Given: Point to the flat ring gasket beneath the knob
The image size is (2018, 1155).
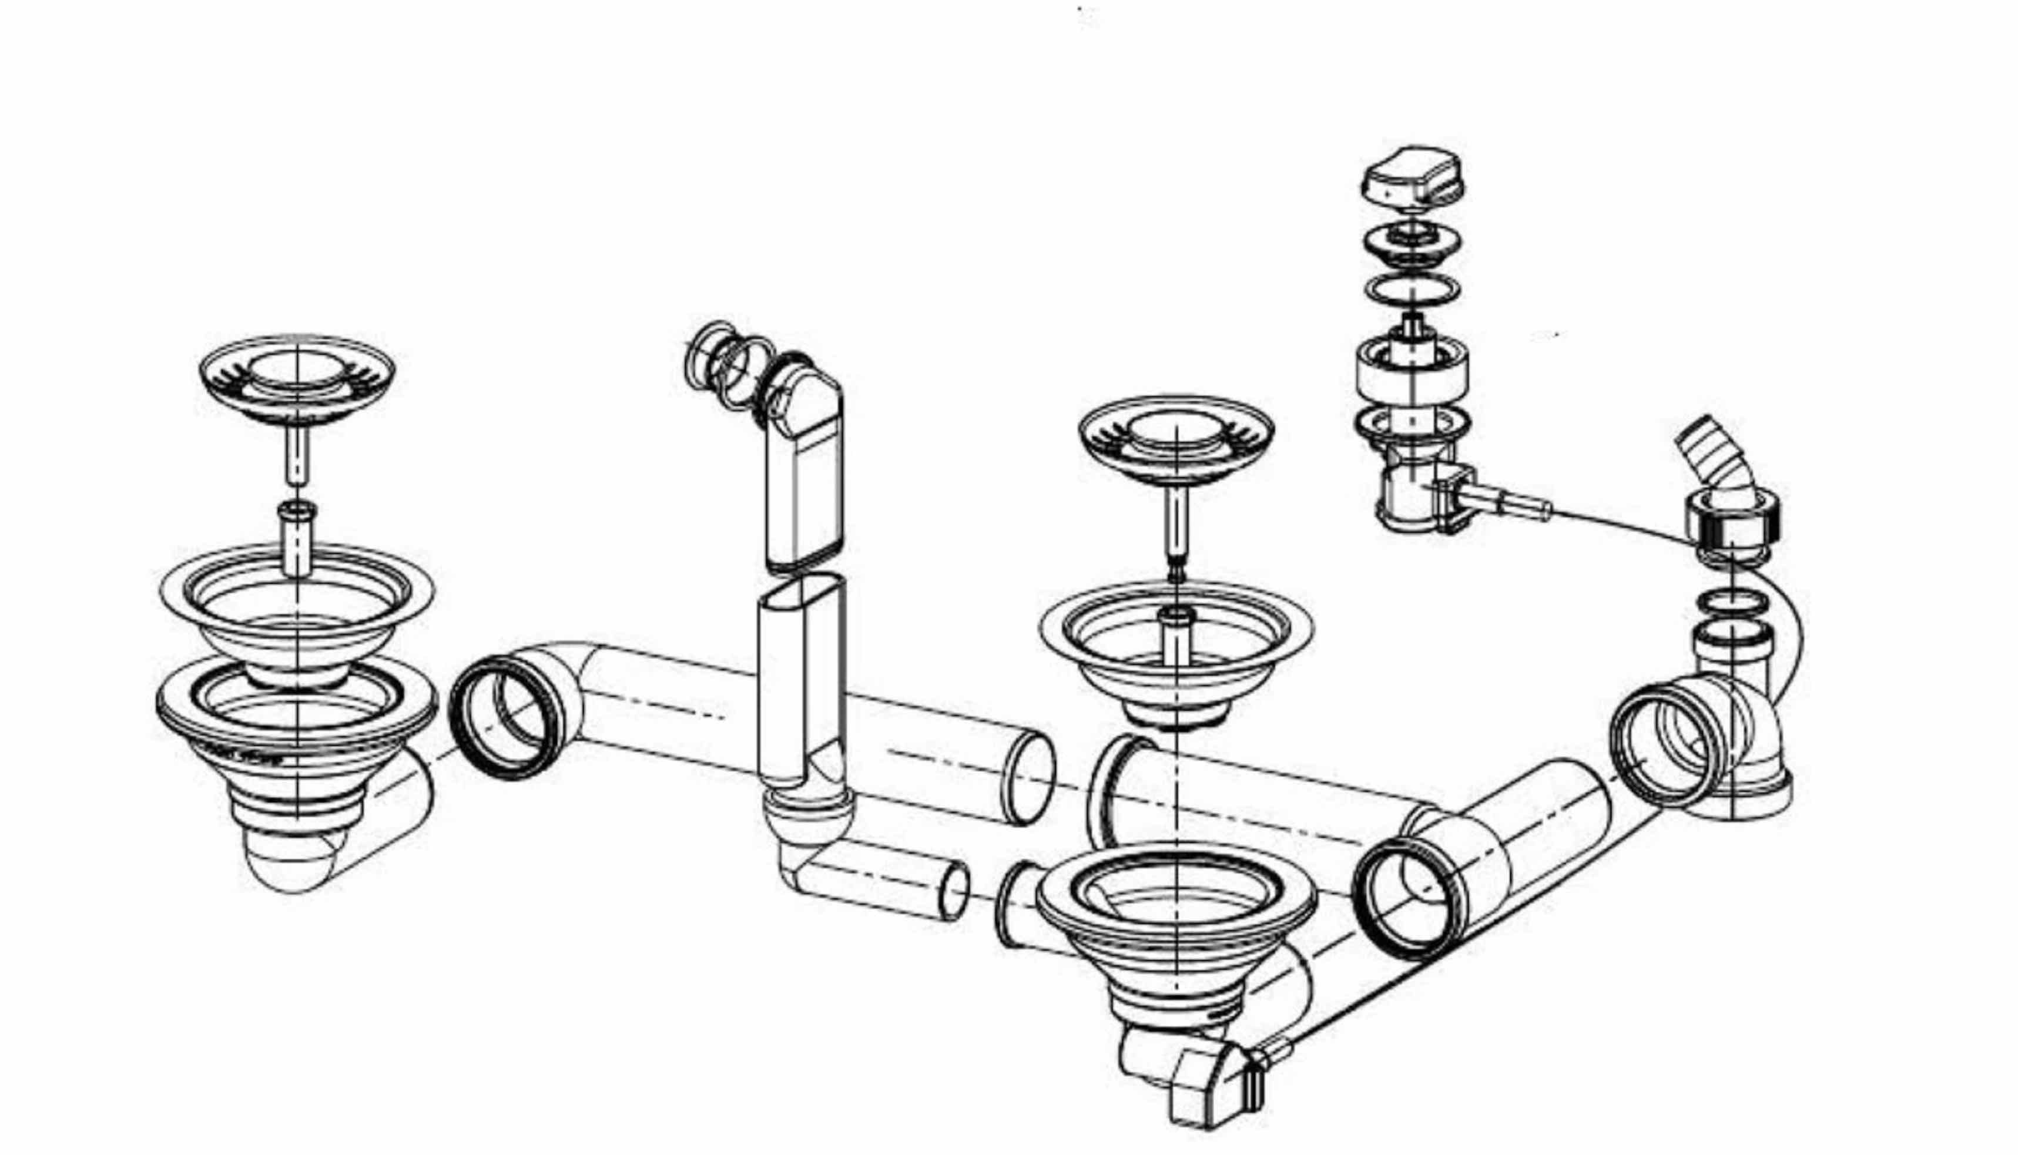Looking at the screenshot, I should click(x=1412, y=290).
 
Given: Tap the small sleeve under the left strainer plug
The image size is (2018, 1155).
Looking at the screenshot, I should click(x=297, y=539).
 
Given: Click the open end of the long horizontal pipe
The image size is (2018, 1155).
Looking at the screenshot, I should click(x=1030, y=777).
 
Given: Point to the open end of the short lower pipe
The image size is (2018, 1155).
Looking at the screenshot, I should click(x=954, y=891).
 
